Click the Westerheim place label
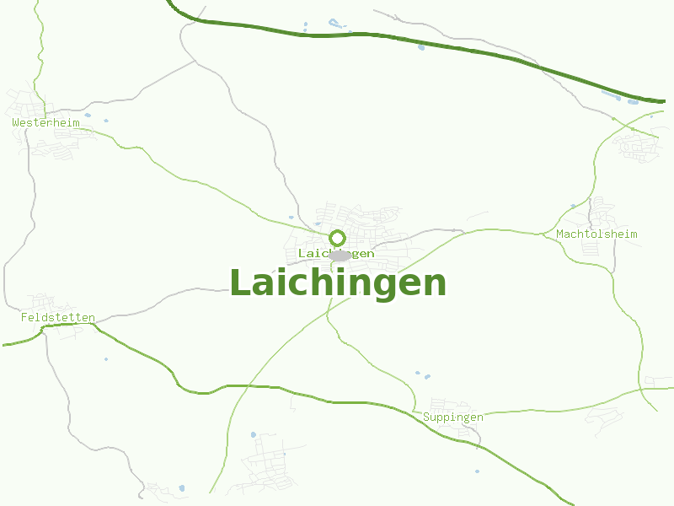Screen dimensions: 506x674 45,122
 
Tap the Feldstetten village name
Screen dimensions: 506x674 57,318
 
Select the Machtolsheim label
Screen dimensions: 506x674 596,234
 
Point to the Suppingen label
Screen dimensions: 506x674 453,417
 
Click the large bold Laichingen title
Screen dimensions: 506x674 338,283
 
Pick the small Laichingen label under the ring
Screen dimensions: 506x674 336,253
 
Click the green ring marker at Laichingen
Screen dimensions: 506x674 338,238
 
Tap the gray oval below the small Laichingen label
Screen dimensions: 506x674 340,256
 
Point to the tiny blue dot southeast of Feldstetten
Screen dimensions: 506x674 106,359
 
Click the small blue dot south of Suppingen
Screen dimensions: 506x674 477,471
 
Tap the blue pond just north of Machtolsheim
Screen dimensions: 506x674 573,206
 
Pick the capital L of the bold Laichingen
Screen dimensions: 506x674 242,283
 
